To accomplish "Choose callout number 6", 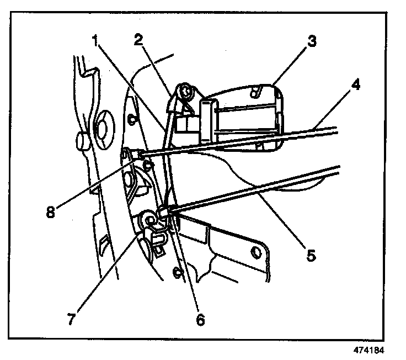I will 200,319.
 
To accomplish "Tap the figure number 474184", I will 368,350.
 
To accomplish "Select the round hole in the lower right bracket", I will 255,252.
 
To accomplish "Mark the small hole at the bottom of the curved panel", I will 178,271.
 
